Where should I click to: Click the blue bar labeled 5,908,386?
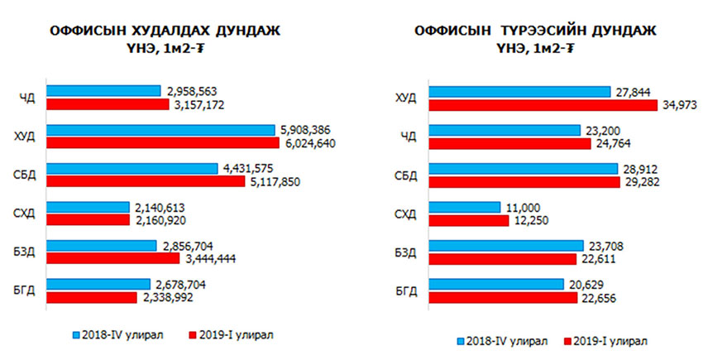coord(160,130)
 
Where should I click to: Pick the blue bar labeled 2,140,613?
coord(88,207)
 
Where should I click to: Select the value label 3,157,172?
coord(201,105)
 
